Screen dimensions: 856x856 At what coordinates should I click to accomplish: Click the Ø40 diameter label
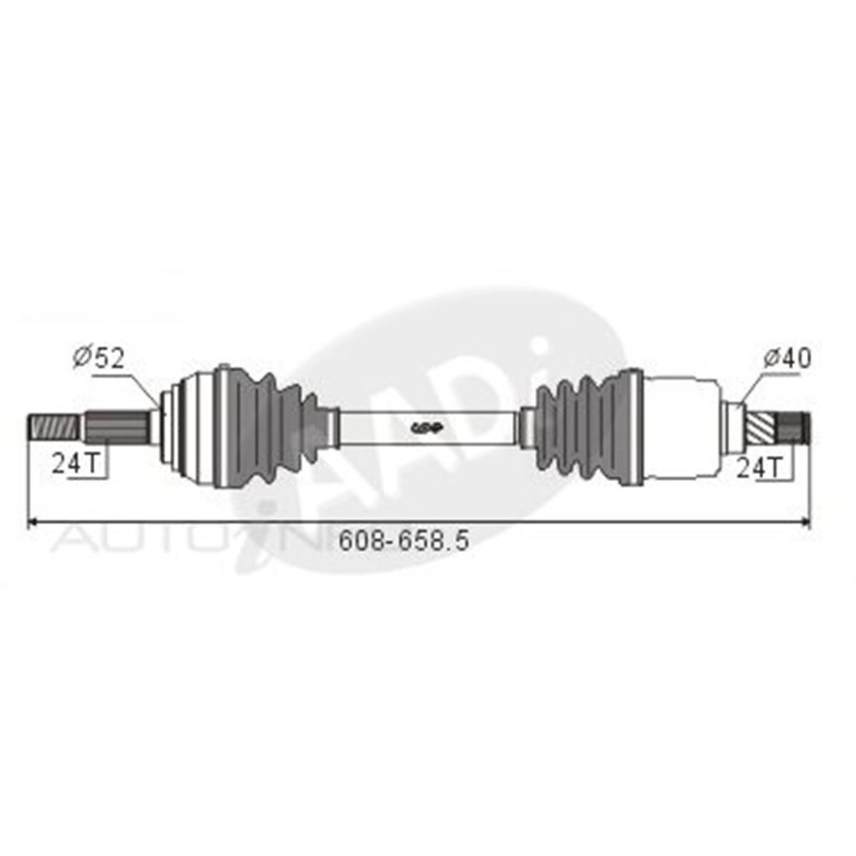click(786, 358)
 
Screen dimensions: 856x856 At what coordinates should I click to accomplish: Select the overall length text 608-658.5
click(404, 541)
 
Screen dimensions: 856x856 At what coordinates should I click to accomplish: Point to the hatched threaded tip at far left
click(52, 429)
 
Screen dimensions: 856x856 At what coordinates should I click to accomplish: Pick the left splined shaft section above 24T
click(118, 428)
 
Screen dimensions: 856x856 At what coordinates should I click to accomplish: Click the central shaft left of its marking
click(374, 428)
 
